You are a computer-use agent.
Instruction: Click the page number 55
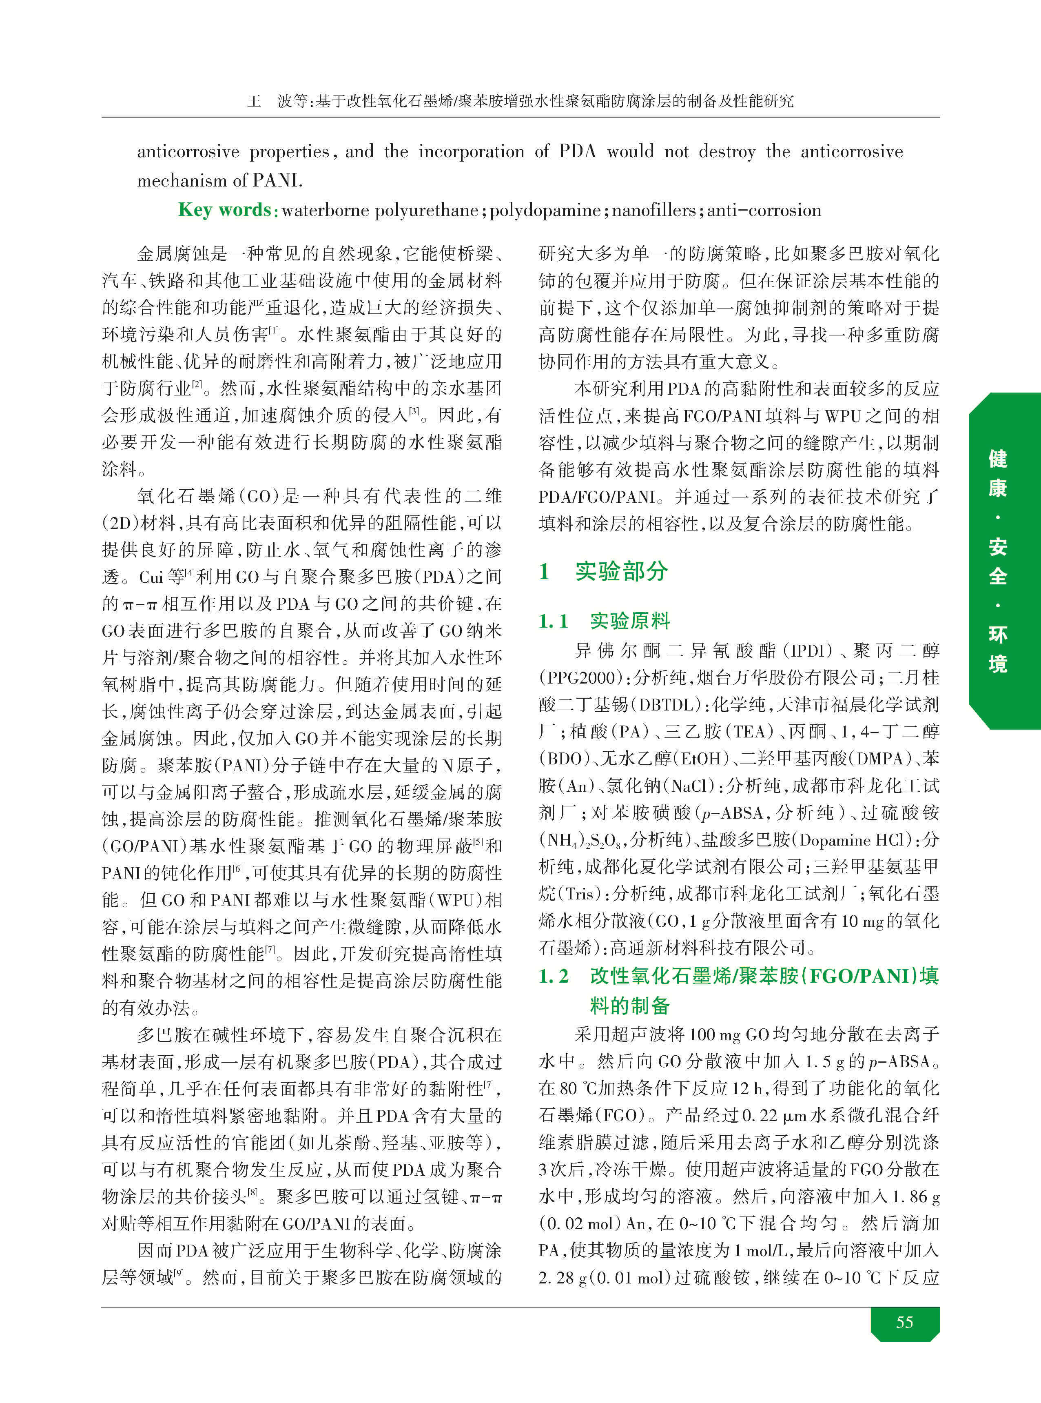click(x=904, y=1322)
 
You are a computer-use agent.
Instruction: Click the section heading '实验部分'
click(x=621, y=571)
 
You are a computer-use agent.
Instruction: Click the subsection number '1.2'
click(x=554, y=976)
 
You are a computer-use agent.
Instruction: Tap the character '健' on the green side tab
click(x=997, y=458)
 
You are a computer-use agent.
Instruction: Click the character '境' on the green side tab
click(x=997, y=663)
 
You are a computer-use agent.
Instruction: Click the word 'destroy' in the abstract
click(x=726, y=152)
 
